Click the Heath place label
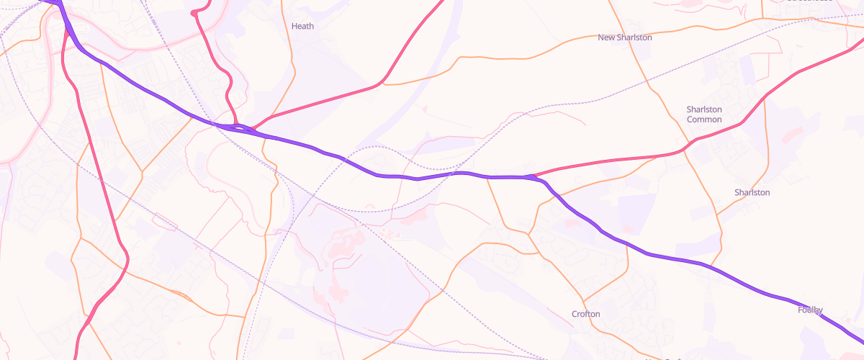click(x=302, y=26)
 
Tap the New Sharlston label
click(x=624, y=37)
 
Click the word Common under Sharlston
click(x=703, y=120)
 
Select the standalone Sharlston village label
click(x=752, y=193)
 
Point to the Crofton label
click(x=585, y=314)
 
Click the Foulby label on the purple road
click(x=810, y=310)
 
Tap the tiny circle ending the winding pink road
click(x=194, y=13)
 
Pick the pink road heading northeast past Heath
click(x=324, y=101)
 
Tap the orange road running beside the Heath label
click(x=292, y=58)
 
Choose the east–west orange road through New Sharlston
click(x=504, y=55)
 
